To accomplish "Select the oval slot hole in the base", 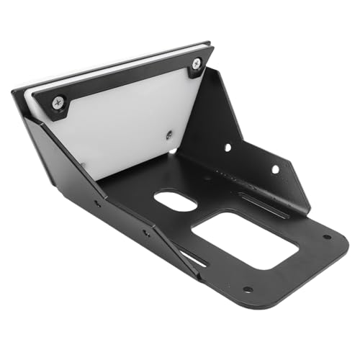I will pyautogui.click(x=176, y=201).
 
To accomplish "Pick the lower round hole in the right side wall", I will pyautogui.click(x=274, y=170).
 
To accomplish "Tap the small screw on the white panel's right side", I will pyautogui.click(x=168, y=134).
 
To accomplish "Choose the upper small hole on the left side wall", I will pyautogui.click(x=97, y=203).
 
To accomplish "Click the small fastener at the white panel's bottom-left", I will pyautogui.click(x=84, y=166).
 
